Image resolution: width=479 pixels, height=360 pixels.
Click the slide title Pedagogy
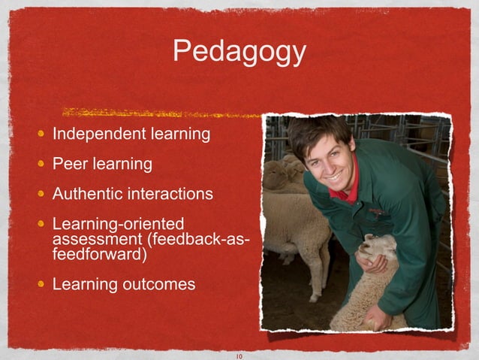click(239, 51)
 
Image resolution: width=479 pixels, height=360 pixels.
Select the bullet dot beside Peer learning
click(44, 164)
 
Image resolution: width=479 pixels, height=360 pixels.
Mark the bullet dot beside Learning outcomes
click(44, 284)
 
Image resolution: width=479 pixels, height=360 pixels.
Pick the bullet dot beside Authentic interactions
click(44, 194)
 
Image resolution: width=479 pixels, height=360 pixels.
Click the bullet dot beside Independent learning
click(44, 135)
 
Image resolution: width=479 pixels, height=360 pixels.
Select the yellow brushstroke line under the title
click(161, 113)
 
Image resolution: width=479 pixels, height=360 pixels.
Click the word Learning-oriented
click(118, 224)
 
